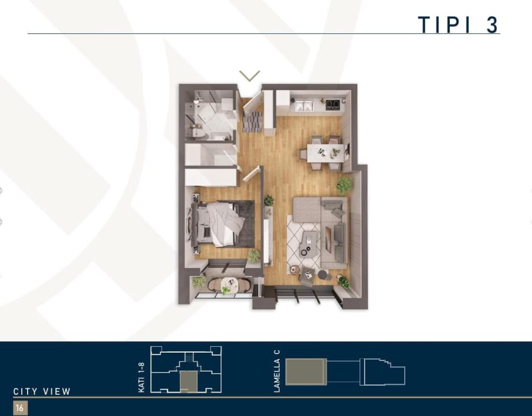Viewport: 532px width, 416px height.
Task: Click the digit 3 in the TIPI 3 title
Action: coord(493,24)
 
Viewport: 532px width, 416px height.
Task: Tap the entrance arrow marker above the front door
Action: coord(249,76)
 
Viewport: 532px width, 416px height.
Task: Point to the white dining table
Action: coord(326,153)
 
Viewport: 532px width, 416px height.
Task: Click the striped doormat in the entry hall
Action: coord(252,121)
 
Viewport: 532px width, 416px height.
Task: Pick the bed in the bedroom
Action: coord(218,224)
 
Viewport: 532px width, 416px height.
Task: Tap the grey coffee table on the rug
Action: coord(310,243)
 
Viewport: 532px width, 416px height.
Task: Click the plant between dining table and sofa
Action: coord(344,186)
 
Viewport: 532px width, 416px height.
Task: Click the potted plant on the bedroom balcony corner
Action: coord(199,281)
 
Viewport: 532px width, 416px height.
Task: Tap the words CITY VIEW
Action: coord(42,392)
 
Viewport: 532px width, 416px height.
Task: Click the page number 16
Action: coord(20,408)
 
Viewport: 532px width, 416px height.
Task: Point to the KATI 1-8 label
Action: coord(141,378)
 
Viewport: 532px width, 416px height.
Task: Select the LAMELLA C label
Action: coord(277,371)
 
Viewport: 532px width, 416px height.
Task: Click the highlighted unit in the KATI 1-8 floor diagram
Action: coord(188,382)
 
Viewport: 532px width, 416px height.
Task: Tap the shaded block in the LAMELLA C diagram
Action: coord(306,371)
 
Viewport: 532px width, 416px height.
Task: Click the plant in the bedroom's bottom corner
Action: coord(254,255)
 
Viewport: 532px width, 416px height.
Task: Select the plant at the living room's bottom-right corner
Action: coord(344,282)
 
